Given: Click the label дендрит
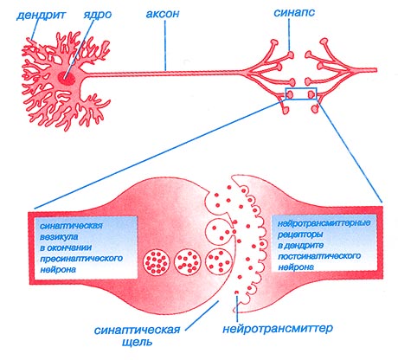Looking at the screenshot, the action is (41, 15).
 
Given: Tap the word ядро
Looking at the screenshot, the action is (98, 15).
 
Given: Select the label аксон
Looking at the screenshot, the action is (163, 14).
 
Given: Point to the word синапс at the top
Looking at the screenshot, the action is (294, 13).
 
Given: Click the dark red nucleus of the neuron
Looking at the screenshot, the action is (66, 78).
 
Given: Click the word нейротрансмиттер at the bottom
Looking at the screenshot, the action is (278, 328).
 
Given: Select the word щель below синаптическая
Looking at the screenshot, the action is (138, 343).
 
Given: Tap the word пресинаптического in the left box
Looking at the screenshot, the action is (81, 259).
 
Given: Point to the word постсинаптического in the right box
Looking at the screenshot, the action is (319, 256).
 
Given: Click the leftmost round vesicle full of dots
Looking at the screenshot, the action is (156, 262).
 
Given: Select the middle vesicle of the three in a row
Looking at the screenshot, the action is (188, 262).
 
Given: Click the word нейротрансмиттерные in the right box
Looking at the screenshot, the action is (324, 223).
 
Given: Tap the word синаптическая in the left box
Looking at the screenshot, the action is (71, 226).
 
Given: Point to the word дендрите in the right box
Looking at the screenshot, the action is (302, 246).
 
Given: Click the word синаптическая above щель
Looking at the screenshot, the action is (138, 330).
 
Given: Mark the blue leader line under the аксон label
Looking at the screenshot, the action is (165, 46).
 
